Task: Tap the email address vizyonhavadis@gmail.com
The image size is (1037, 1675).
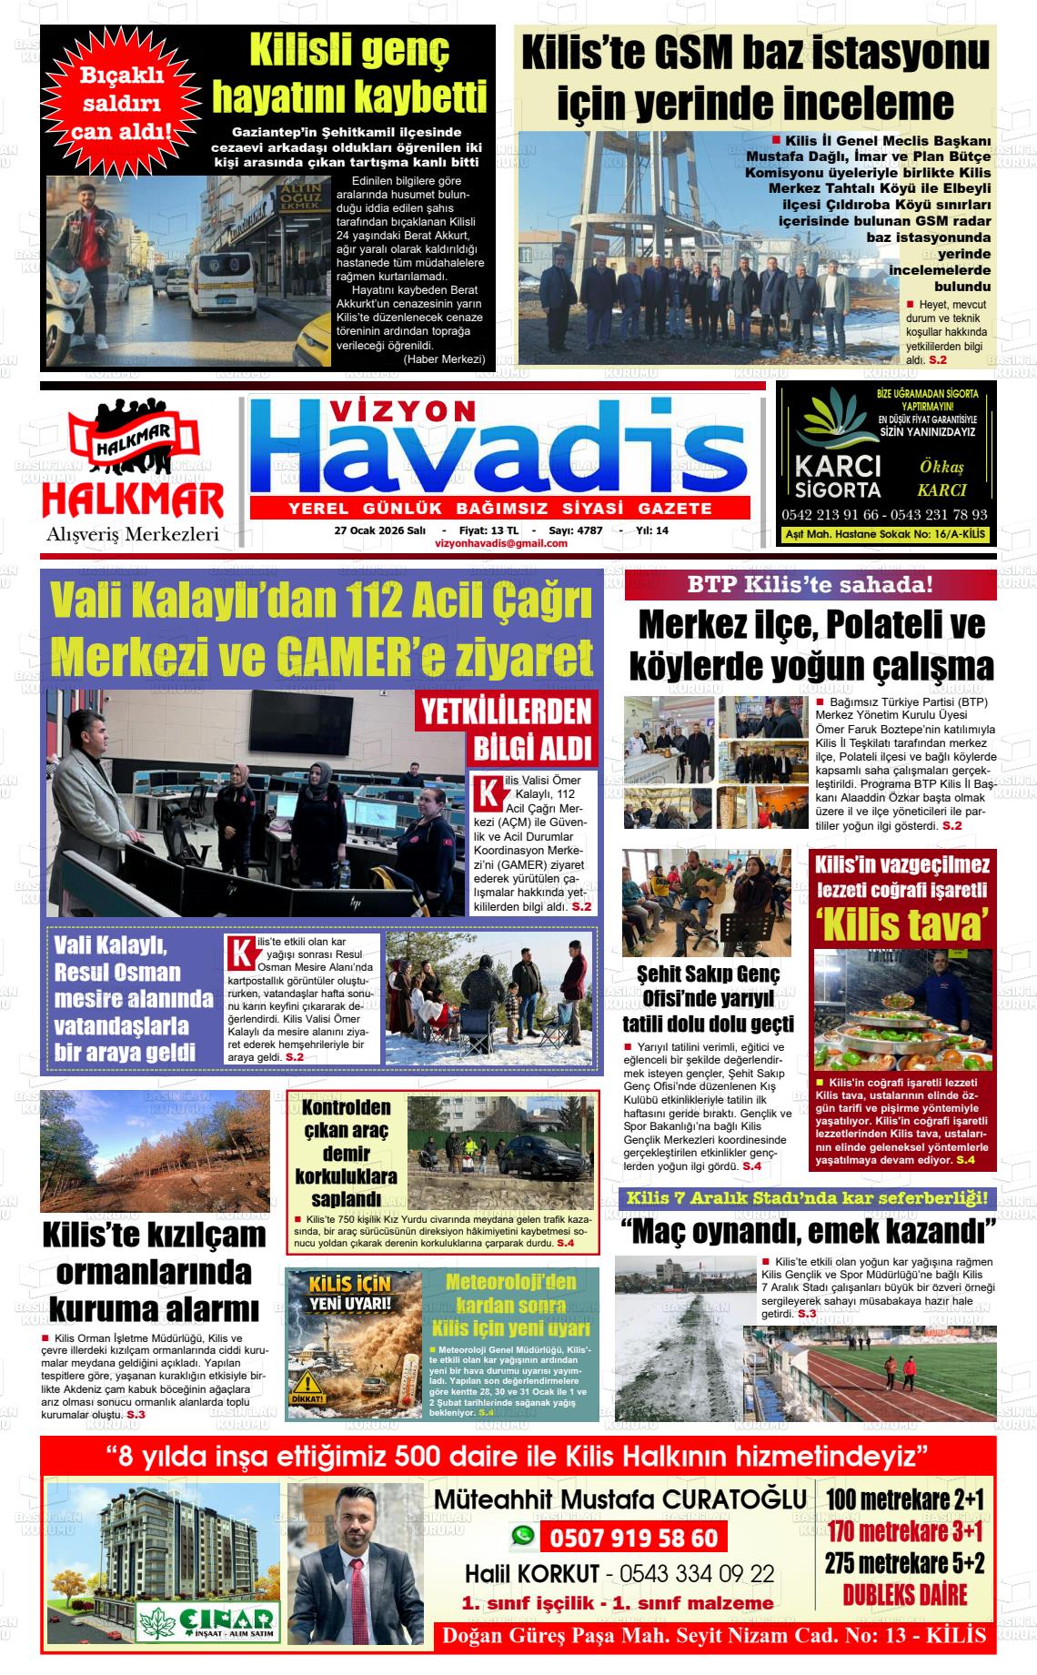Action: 501,543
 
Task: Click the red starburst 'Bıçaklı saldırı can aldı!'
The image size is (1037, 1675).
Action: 122,104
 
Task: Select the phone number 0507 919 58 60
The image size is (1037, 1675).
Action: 633,1538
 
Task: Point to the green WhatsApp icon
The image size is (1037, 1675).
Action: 522,1536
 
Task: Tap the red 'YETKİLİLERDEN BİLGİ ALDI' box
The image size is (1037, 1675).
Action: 506,728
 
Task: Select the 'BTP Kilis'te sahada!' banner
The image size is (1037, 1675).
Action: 810,585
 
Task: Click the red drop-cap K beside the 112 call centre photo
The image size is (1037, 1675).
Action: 488,792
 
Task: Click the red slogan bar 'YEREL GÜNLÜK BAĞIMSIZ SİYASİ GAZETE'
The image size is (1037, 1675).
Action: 499,508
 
